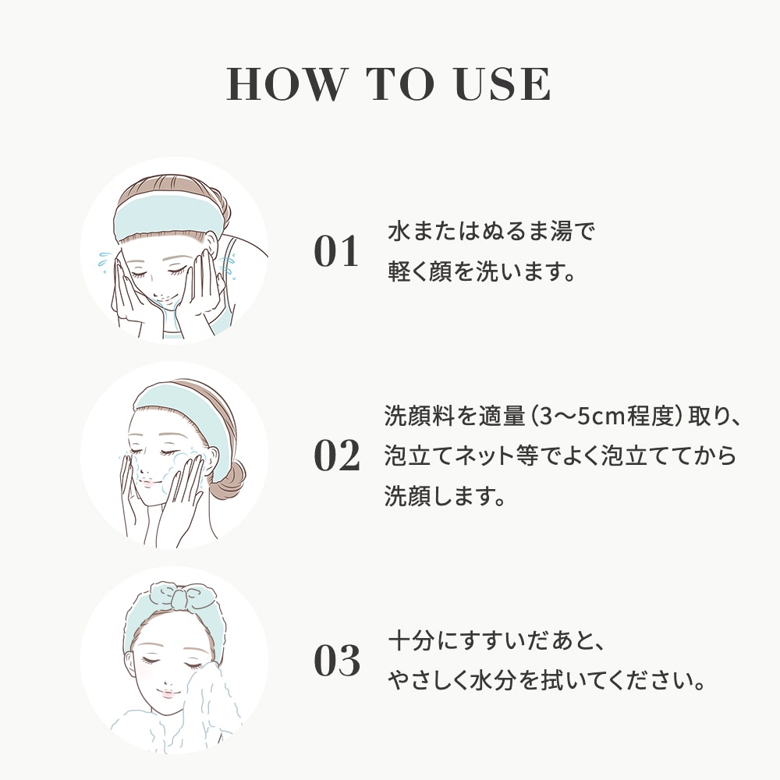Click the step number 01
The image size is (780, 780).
tap(336, 251)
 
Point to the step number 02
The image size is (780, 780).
tap(337, 456)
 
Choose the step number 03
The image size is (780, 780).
tap(337, 661)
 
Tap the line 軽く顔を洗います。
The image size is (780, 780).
tap(481, 271)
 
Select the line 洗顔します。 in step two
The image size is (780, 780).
tap(445, 496)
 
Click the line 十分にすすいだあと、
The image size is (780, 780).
tap(496, 641)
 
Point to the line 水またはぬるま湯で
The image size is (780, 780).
tap(491, 232)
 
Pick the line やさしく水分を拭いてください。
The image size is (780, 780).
tap(547, 681)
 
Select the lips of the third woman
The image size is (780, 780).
tap(167, 692)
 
